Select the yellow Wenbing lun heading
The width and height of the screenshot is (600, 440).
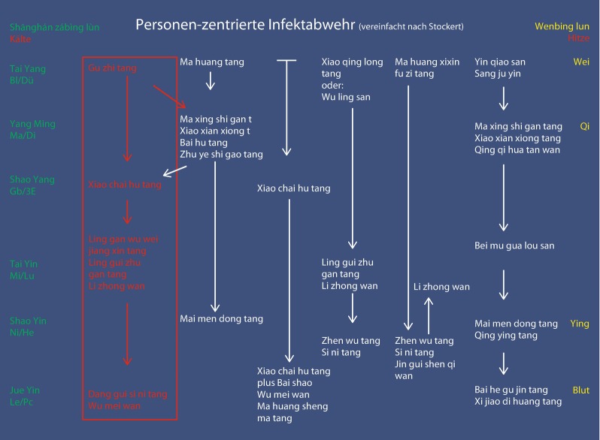coord(562,26)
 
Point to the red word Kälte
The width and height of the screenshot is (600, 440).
coord(21,38)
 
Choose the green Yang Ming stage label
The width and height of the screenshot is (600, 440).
coord(32,124)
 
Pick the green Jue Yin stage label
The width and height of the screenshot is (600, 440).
coord(26,390)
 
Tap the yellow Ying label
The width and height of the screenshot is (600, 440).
coord(580,324)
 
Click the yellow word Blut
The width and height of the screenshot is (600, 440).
coord(580,390)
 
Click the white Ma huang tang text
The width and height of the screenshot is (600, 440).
coord(212,62)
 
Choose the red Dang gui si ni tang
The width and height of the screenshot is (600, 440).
coord(128,393)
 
